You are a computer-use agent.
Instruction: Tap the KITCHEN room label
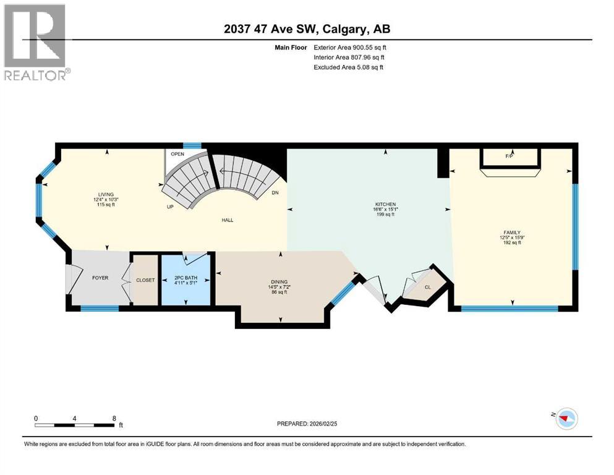coord(385,204)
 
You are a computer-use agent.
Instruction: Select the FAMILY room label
coord(511,232)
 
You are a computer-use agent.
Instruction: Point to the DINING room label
coord(279,281)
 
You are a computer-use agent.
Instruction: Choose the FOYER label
coord(100,278)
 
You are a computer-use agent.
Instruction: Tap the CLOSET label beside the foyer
coord(145,280)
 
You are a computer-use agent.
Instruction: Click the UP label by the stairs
coord(169,207)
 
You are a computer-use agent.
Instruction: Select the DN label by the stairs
coord(276,192)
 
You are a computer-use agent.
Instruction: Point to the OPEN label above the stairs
coord(177,154)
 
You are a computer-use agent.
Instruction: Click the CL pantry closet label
coord(427,287)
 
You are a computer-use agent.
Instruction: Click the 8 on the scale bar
coord(114,418)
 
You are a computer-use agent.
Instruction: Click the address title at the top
coord(307,29)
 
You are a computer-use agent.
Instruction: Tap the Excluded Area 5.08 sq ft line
coord(348,67)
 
